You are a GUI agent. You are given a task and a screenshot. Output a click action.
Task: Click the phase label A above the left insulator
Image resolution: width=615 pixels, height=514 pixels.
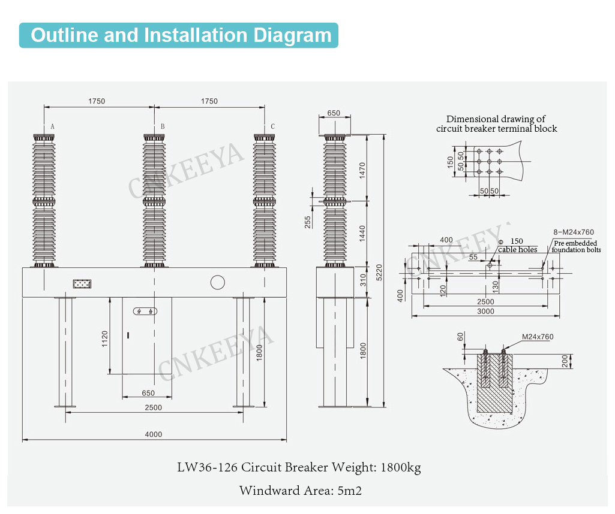click(x=53, y=127)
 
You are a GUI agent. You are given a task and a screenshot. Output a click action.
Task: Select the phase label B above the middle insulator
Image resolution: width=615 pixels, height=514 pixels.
click(x=163, y=127)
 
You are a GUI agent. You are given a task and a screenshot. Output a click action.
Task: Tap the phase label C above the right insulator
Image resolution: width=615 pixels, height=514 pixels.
click(x=273, y=127)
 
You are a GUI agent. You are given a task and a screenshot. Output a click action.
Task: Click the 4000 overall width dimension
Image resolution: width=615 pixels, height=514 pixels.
click(x=154, y=434)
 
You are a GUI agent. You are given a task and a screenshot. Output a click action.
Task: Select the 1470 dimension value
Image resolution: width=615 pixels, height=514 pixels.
click(x=361, y=170)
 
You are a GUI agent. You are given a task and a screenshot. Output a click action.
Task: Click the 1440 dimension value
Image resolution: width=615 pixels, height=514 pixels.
click(x=361, y=233)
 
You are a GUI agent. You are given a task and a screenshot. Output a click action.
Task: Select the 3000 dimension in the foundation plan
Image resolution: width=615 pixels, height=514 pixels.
click(x=485, y=312)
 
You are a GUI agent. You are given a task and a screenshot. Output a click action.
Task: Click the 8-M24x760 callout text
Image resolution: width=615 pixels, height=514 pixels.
click(x=573, y=232)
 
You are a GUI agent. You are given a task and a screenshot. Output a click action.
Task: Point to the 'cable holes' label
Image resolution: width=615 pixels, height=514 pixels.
click(x=518, y=250)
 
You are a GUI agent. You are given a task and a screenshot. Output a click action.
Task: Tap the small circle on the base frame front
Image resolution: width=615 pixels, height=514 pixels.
click(x=217, y=282)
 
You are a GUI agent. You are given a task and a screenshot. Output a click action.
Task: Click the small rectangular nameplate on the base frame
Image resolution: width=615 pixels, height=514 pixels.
click(x=82, y=283)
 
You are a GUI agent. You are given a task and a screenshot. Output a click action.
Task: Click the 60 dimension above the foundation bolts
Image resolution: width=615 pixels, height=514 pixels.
click(x=461, y=338)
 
